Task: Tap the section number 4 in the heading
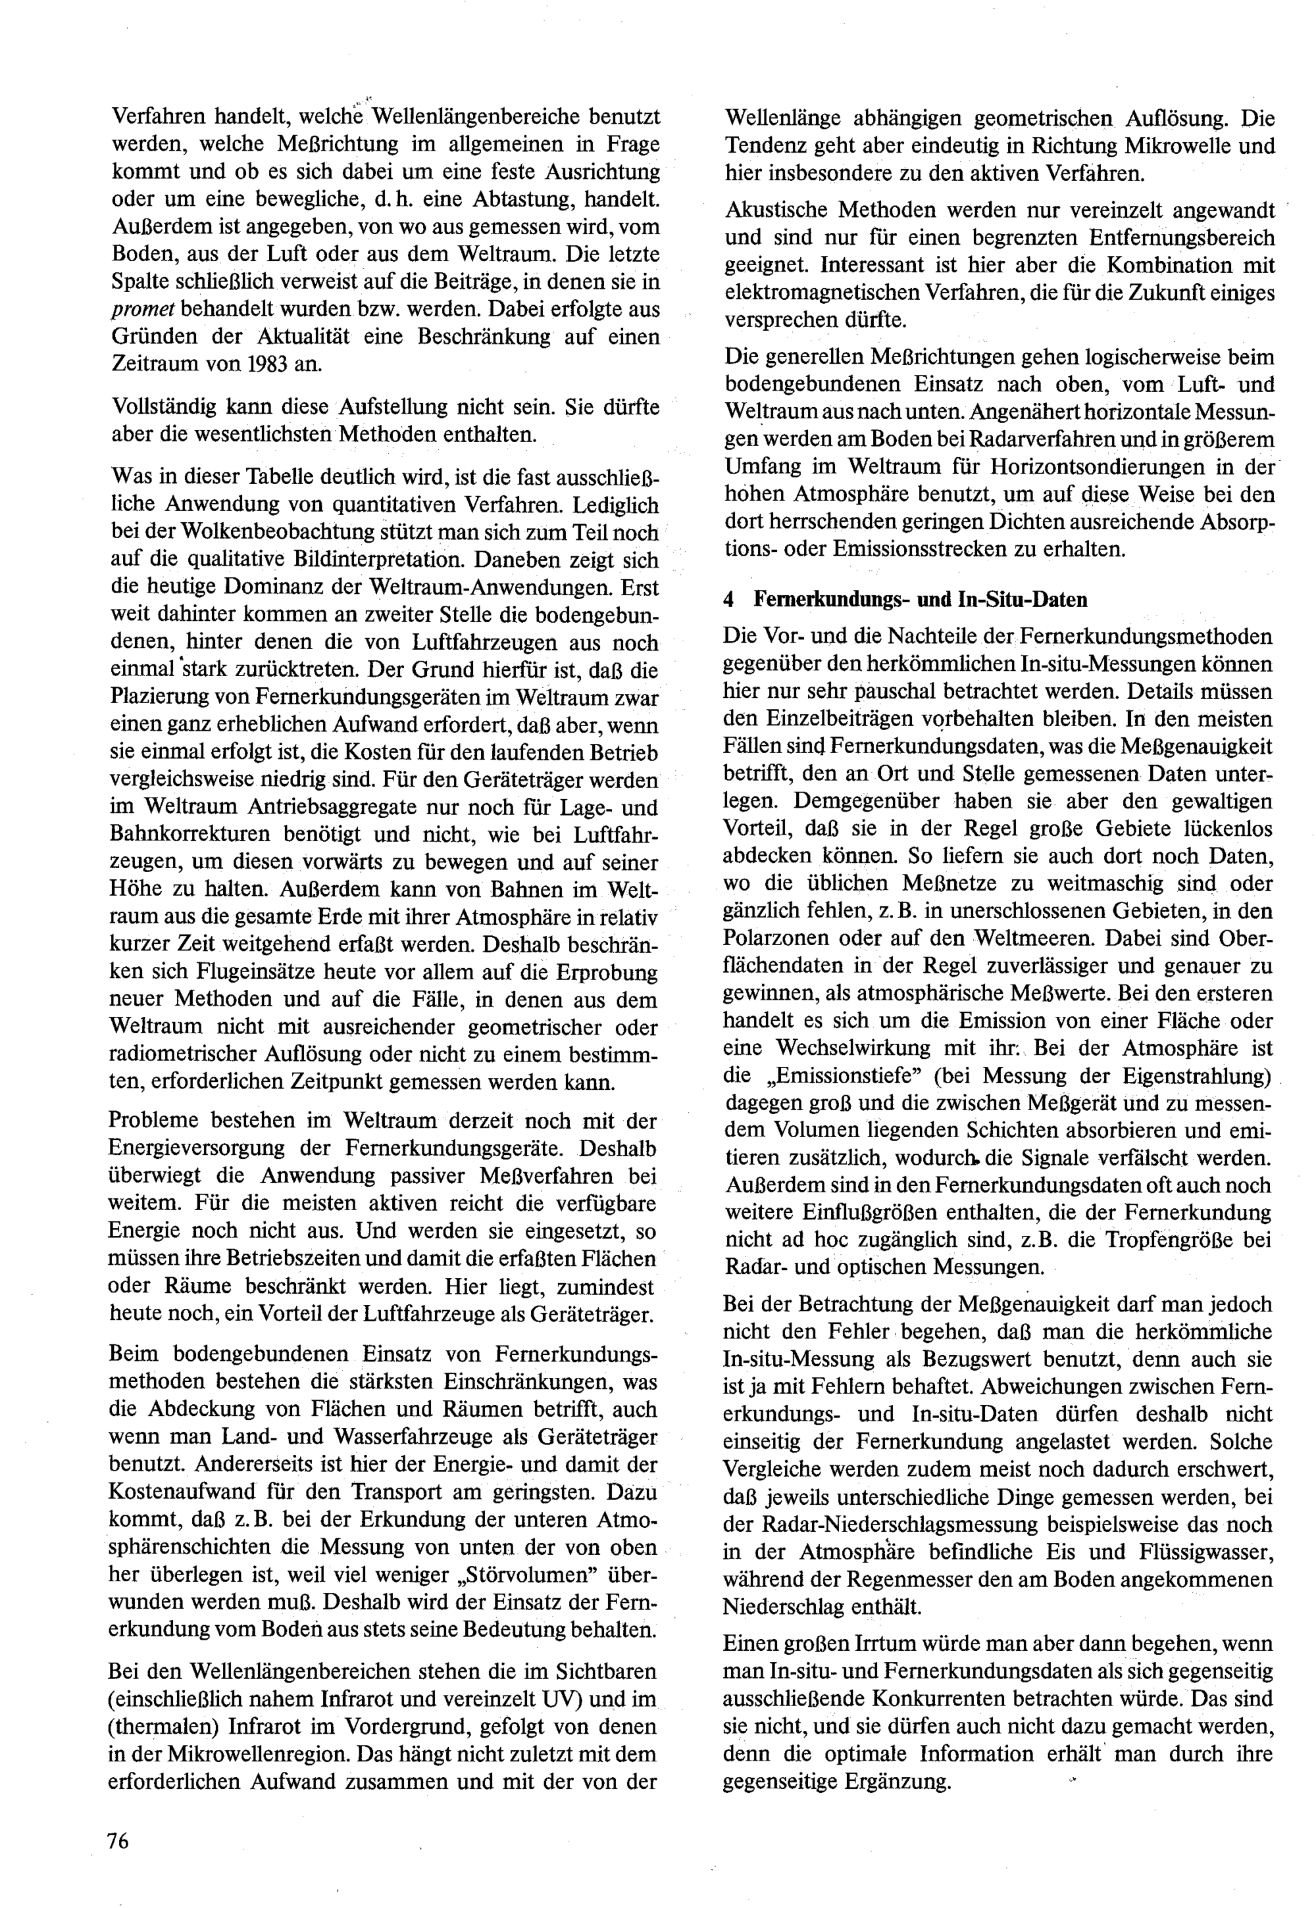tap(728, 599)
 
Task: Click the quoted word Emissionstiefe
tap(841, 1075)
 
